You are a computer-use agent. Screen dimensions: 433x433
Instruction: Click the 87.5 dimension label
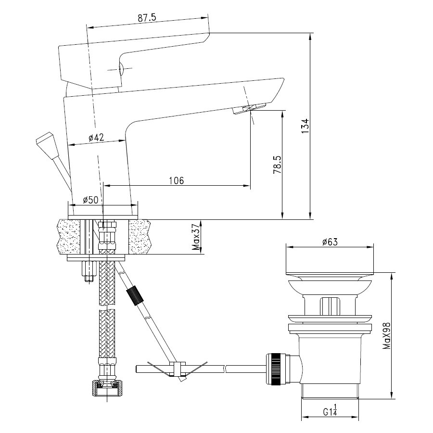[147, 18]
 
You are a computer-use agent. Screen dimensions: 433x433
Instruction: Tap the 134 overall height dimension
[305, 126]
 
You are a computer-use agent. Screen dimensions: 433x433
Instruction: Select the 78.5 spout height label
[278, 165]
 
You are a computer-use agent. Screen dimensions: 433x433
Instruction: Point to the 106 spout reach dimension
[176, 180]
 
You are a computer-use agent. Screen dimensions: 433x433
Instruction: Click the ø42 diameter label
[96, 137]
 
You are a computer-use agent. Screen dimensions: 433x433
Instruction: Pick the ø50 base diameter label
[90, 199]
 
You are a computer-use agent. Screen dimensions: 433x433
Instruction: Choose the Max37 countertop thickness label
[196, 237]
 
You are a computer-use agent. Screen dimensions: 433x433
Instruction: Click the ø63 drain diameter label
[330, 242]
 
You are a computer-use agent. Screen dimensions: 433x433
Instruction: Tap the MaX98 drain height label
[387, 335]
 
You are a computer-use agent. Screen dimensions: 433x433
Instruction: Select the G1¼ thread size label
[330, 410]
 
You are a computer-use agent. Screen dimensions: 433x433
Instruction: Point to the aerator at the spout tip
[249, 108]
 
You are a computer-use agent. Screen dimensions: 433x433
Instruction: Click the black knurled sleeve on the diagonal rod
[135, 296]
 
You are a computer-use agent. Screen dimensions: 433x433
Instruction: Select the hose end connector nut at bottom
[107, 388]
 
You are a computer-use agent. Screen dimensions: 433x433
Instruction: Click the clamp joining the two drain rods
[177, 369]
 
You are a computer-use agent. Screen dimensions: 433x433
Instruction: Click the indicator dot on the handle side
[121, 69]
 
